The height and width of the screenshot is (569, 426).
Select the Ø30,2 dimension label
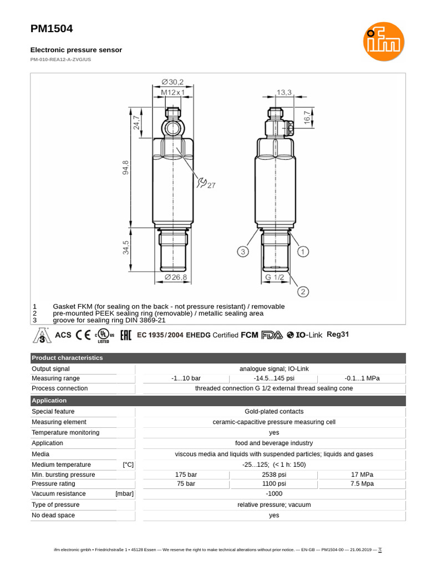point(173,82)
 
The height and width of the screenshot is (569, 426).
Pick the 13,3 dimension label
point(284,92)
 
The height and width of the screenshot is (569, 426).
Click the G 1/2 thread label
point(275,277)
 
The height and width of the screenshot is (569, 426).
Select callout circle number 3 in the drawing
point(242,252)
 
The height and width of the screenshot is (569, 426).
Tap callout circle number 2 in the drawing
point(303,291)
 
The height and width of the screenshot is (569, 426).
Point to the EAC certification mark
point(125,335)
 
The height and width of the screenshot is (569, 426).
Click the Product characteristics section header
point(67,358)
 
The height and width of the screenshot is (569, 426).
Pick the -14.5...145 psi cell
point(274,378)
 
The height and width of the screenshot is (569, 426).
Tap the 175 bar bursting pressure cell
point(186,475)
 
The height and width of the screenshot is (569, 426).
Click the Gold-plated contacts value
point(274,411)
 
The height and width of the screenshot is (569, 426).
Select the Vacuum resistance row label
point(59,493)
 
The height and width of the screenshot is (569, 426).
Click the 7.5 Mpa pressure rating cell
point(362,483)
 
